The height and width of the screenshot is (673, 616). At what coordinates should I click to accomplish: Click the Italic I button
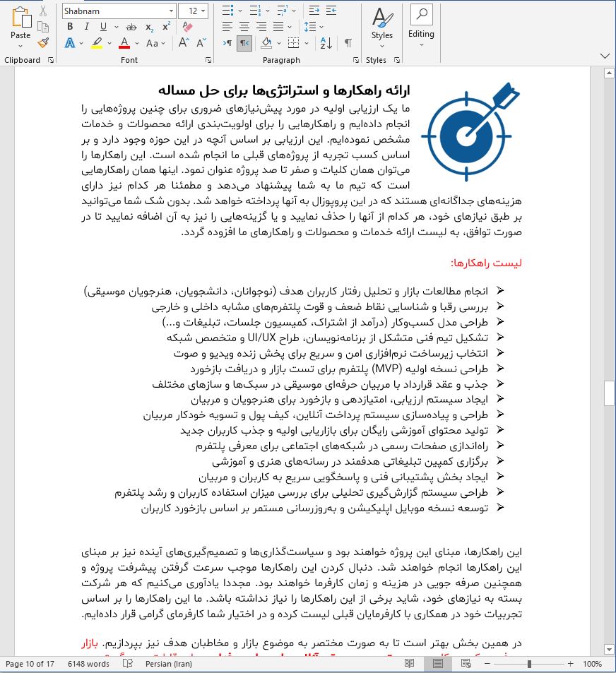(x=87, y=27)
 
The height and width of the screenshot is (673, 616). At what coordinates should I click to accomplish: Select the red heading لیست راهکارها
(x=485, y=263)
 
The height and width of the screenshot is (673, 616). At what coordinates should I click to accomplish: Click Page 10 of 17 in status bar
(x=30, y=664)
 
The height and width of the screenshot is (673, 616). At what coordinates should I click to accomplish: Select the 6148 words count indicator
(x=88, y=664)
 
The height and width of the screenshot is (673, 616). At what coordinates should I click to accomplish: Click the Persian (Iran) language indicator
(x=173, y=664)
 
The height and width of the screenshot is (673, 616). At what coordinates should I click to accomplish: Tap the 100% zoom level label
(x=592, y=664)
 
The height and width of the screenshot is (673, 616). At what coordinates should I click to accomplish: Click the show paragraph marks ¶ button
(x=348, y=43)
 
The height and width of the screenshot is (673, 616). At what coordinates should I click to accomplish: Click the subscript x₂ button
(x=149, y=27)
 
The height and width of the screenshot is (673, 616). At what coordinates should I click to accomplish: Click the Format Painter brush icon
(x=43, y=43)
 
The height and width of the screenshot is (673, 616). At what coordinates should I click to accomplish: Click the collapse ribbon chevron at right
(x=604, y=56)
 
